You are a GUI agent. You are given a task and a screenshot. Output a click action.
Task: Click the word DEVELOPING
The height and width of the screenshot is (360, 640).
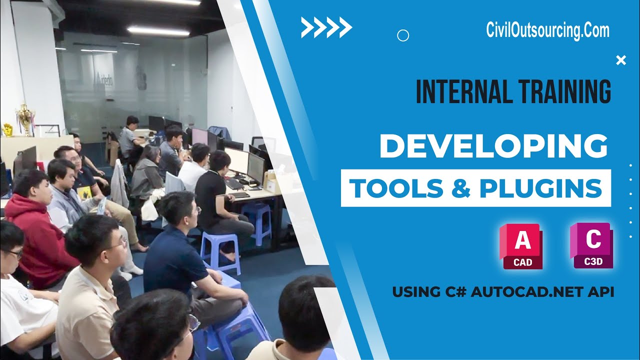point(493,146)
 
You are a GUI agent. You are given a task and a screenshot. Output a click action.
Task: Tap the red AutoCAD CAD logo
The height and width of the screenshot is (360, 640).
point(521,246)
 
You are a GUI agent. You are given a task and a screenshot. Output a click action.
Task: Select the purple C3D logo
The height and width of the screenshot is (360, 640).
point(592,246)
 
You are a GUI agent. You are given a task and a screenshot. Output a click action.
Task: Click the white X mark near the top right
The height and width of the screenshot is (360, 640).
point(621,60)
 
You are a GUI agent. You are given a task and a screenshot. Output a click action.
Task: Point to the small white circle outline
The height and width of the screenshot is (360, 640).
point(402,35)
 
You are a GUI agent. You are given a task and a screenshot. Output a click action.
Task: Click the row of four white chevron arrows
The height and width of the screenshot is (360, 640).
point(326,27)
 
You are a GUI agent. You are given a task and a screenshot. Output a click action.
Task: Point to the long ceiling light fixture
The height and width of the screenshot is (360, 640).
point(158,31)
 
